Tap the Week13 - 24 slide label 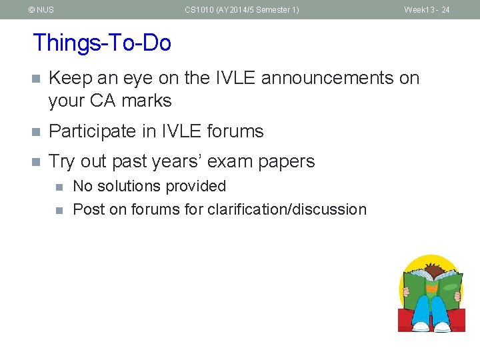point(427,10)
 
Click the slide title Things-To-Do point(102,43)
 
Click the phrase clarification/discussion point(287,209)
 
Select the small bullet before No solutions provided point(59,187)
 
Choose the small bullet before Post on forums point(59,210)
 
